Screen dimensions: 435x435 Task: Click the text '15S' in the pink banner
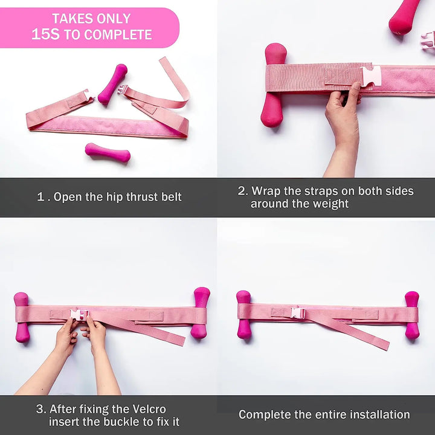(x=45, y=34)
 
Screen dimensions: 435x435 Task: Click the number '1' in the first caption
(x=40, y=197)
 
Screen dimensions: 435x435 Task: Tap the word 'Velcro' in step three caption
(x=149, y=409)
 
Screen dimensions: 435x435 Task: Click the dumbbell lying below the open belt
(x=108, y=152)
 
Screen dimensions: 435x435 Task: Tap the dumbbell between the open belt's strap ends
(x=112, y=85)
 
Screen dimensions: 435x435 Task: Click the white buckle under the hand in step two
(x=370, y=76)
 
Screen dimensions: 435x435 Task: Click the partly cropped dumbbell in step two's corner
(x=404, y=16)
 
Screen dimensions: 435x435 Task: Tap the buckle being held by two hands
(x=79, y=315)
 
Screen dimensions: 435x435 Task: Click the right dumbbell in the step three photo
(x=201, y=313)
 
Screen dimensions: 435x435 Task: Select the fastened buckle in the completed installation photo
(x=298, y=313)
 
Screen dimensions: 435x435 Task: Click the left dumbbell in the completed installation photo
(x=244, y=315)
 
